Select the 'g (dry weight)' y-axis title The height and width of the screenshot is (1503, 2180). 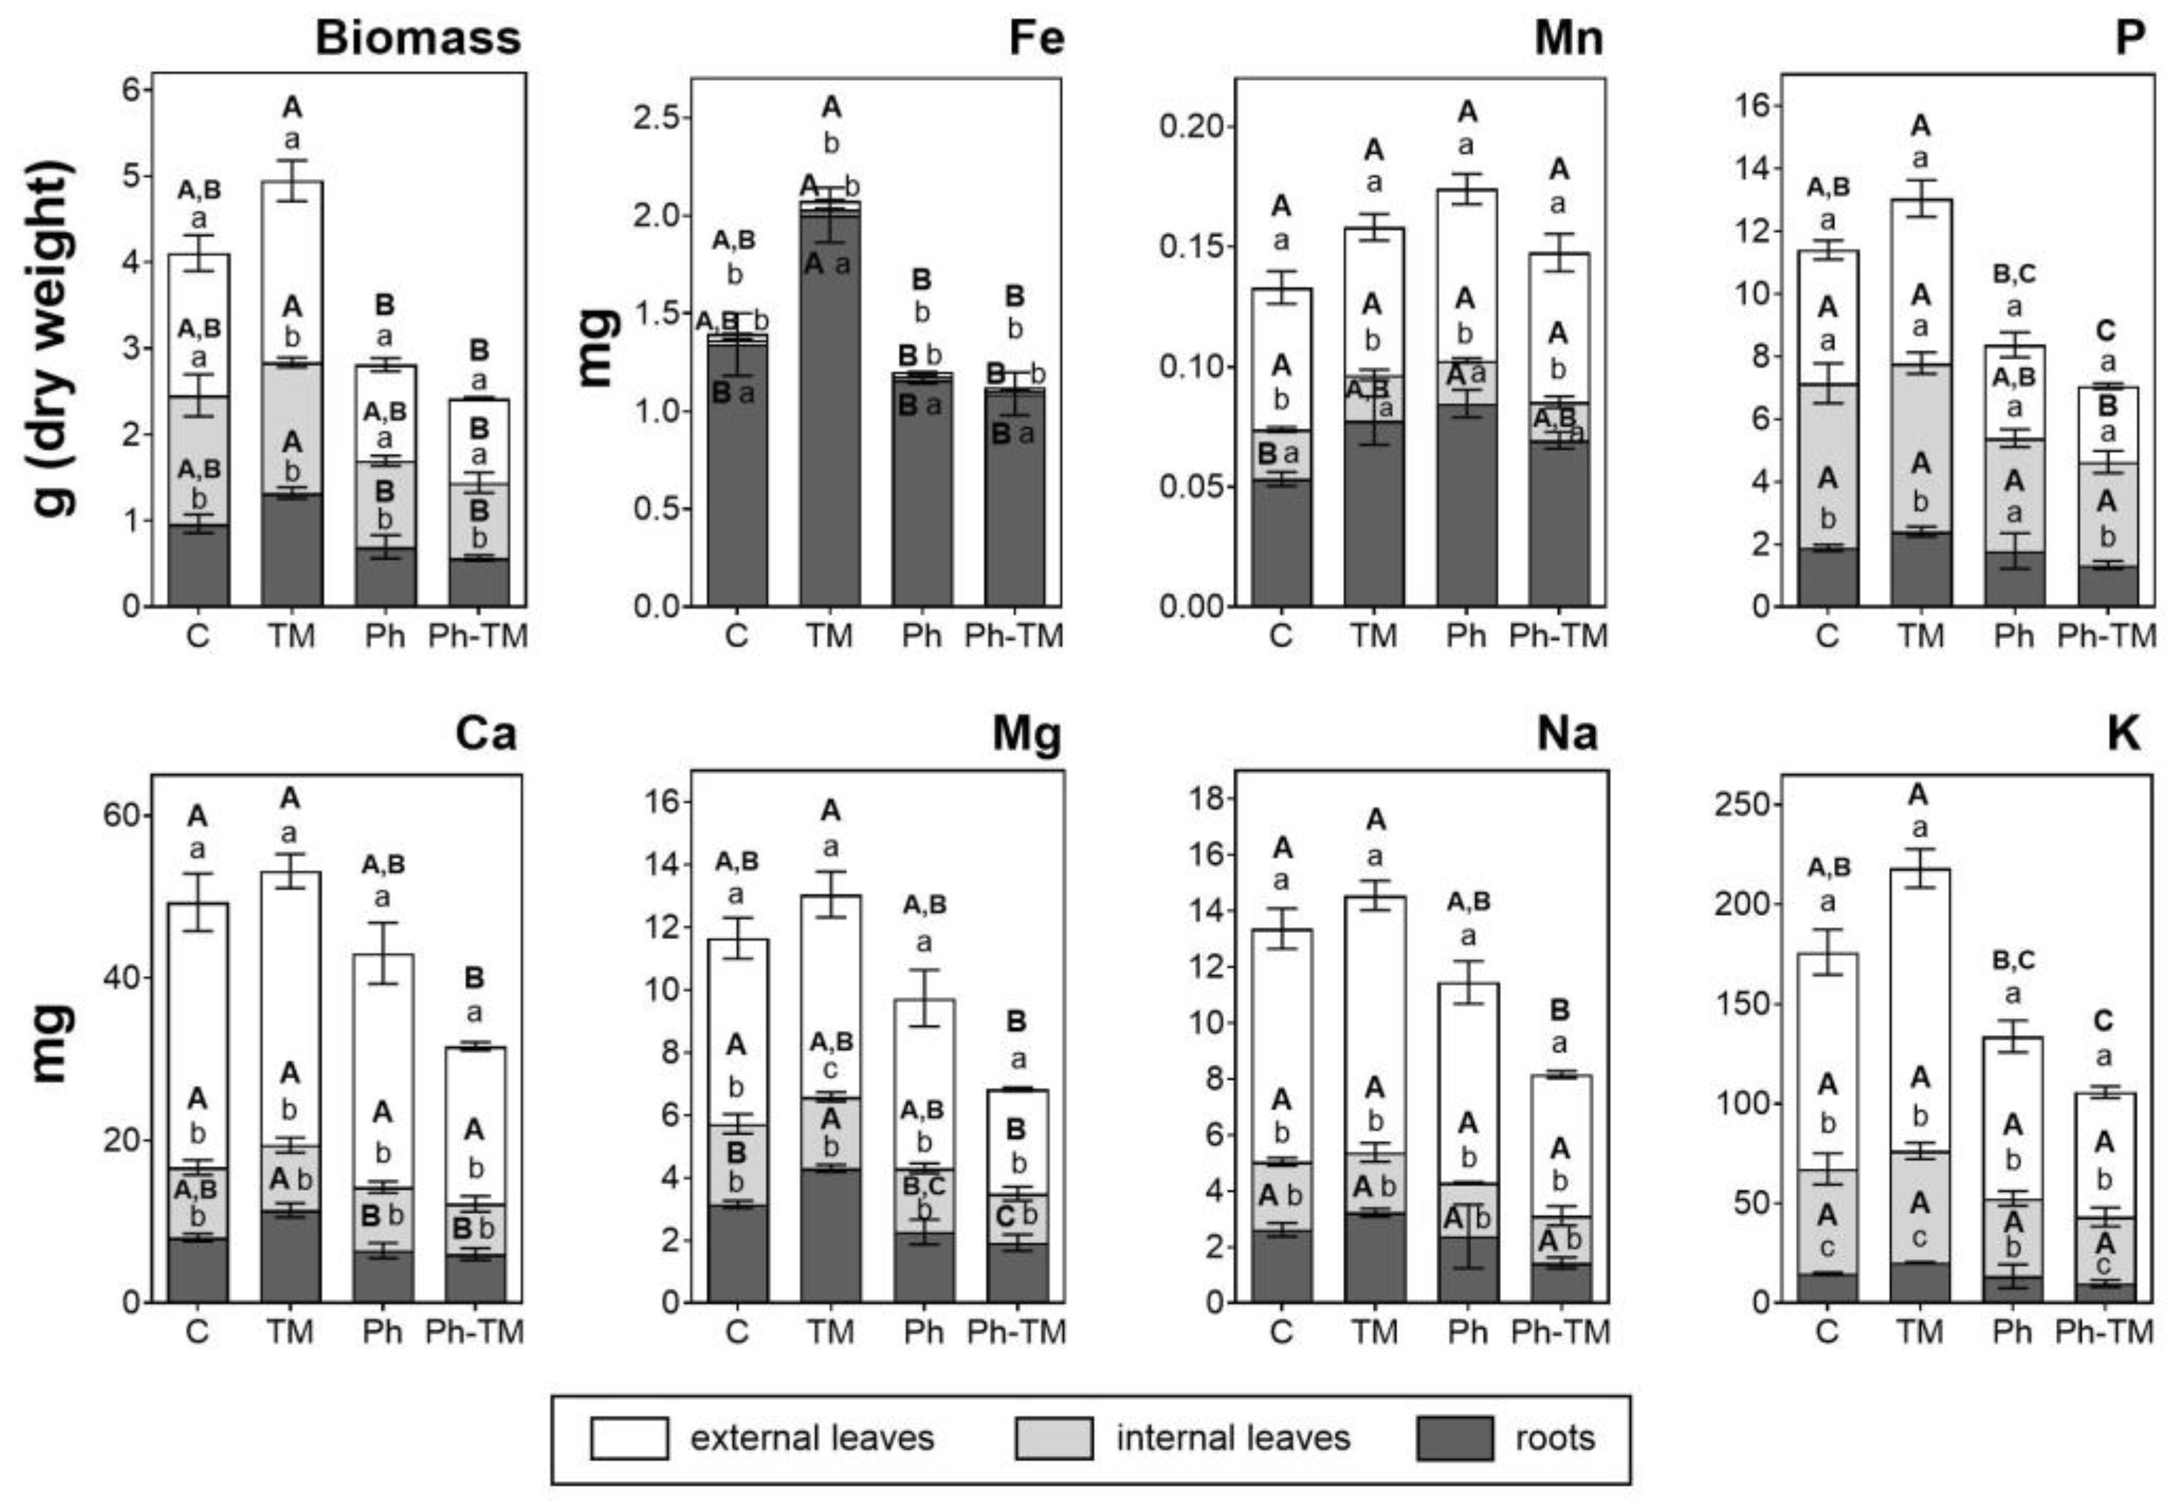point(55,339)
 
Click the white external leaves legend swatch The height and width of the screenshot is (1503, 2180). point(630,1438)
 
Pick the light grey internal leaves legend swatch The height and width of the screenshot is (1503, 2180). point(1054,1438)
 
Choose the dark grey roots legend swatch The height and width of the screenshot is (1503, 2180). point(1455,1438)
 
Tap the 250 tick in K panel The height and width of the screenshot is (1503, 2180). point(1743,804)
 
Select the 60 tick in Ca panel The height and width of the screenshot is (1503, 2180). point(120,815)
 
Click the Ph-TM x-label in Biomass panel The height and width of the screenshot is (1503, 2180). point(477,636)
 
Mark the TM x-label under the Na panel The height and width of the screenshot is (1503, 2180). point(1375,1332)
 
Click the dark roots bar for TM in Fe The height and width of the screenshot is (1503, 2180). point(829,414)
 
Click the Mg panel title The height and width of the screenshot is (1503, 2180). point(1027,734)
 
